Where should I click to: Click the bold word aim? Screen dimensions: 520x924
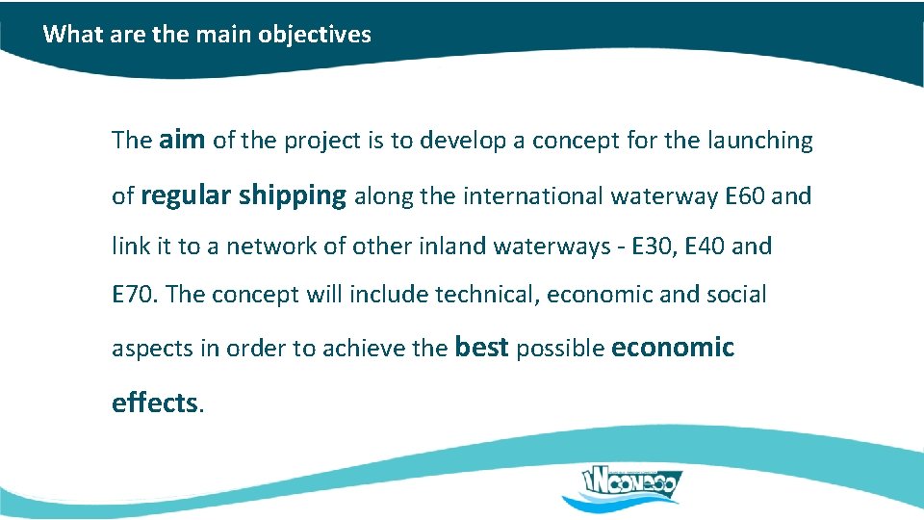tap(182, 140)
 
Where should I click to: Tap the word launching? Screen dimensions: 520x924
tap(759, 141)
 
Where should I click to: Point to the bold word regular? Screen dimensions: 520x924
tap(186, 196)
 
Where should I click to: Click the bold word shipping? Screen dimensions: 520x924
tap(293, 196)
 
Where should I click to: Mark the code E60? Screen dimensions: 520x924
tap(744, 196)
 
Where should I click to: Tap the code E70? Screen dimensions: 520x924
tap(134, 295)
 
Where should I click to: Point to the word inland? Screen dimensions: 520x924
tap(451, 247)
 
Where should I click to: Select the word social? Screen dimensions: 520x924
tap(738, 295)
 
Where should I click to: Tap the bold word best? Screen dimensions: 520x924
tap(480, 347)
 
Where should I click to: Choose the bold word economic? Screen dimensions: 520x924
tap(673, 347)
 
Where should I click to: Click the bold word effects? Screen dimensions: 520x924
tap(154, 402)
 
